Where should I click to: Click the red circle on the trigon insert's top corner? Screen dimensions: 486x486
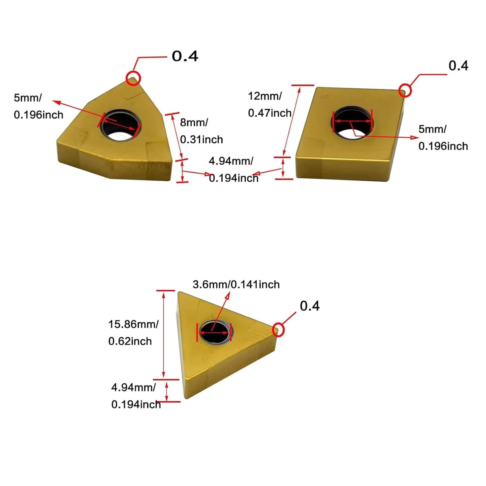133,78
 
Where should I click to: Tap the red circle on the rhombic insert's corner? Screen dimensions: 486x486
405,90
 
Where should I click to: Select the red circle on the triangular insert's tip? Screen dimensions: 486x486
278,330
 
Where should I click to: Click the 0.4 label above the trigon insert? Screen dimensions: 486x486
185,56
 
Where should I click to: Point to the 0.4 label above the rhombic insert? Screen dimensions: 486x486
458,66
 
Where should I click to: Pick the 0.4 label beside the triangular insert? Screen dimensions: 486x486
310,306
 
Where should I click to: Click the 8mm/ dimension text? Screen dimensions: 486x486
194,122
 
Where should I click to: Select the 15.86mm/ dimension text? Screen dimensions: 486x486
133,324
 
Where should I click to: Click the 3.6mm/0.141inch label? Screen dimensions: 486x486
236,285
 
